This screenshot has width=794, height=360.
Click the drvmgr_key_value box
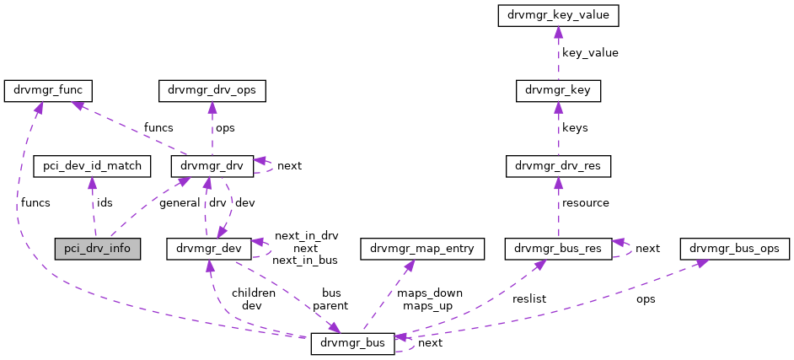point(558,15)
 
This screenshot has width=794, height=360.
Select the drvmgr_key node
point(558,90)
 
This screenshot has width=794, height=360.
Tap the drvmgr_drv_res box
point(557,166)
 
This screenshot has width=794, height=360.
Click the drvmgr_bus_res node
point(557,249)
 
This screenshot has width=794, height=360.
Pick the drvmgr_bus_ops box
point(739,249)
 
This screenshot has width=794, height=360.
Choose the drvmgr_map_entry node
point(422,249)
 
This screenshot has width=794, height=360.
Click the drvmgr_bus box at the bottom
point(352,343)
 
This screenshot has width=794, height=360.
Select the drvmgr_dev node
point(210,249)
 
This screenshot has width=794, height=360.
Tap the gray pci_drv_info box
point(97,249)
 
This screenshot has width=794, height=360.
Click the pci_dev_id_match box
point(92,166)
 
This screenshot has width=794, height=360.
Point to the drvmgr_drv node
point(212,166)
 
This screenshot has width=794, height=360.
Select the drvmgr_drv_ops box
point(212,90)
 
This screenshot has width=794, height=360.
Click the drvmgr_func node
point(48,90)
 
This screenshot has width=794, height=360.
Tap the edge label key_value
point(590,52)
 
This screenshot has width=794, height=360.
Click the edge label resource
point(586,203)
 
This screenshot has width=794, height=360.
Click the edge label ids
point(105,203)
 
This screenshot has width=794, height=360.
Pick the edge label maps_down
point(430,293)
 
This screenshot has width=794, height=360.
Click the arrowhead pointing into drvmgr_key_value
point(558,31)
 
